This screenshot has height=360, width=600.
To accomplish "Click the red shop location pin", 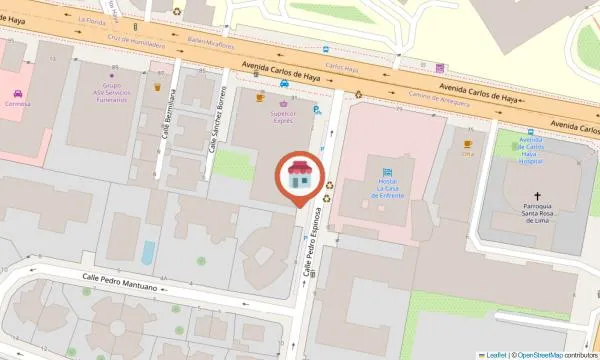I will pos(299,178).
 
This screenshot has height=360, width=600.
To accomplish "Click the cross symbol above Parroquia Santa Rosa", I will pos(537,198).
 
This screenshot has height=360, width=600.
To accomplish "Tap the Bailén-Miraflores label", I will pos(211,43).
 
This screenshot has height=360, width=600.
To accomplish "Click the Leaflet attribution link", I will pos(493,354).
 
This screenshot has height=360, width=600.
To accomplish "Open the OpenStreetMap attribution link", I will pos(536,354).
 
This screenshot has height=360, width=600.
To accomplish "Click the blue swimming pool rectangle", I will pos(148,252).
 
